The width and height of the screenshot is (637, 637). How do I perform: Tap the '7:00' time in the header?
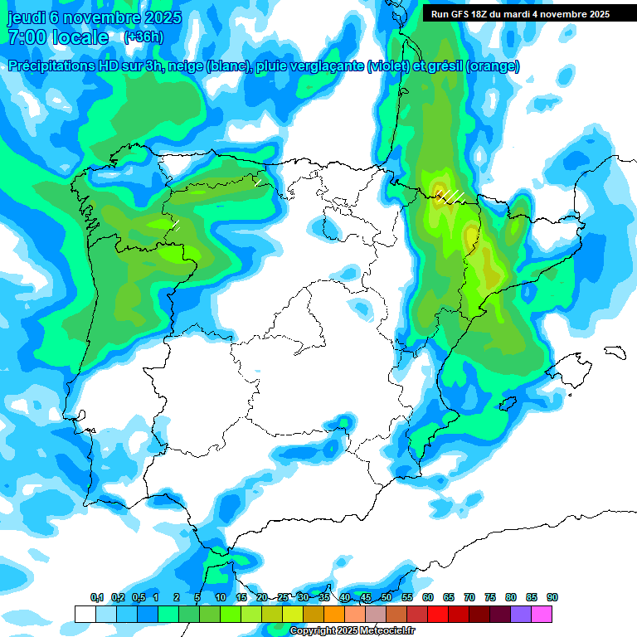(27, 38)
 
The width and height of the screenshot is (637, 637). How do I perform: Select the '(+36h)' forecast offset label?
(143, 37)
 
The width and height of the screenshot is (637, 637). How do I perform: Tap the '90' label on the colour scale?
(552, 597)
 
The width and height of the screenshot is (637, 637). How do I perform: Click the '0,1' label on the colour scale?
(96, 597)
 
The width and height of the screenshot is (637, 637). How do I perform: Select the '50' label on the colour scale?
(387, 597)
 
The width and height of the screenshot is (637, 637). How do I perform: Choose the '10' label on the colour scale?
(221, 597)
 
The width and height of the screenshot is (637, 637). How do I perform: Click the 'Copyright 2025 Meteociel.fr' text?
(353, 631)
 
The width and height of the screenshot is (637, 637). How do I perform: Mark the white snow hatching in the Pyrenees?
(450, 196)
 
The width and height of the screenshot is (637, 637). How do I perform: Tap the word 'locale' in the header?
(80, 38)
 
